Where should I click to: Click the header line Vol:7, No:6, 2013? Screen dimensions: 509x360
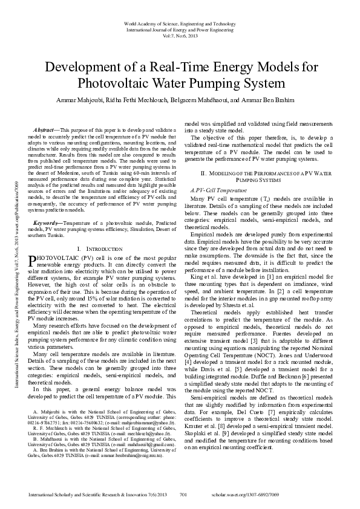(180, 36)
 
